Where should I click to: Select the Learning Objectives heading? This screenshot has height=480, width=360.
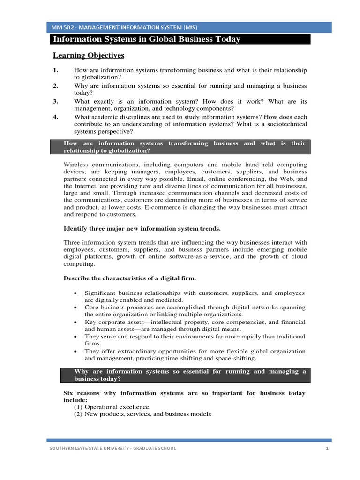tap(88, 56)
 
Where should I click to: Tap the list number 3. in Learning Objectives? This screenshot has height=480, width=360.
tap(55, 101)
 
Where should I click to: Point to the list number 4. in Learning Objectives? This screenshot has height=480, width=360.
tap(55, 117)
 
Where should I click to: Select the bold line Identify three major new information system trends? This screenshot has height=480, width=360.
tap(142, 229)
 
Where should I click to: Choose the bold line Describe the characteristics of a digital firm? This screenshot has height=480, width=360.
tap(129, 278)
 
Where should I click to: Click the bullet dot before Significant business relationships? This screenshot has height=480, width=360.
tap(75, 293)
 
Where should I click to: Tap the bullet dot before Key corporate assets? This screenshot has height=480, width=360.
tap(75, 322)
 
